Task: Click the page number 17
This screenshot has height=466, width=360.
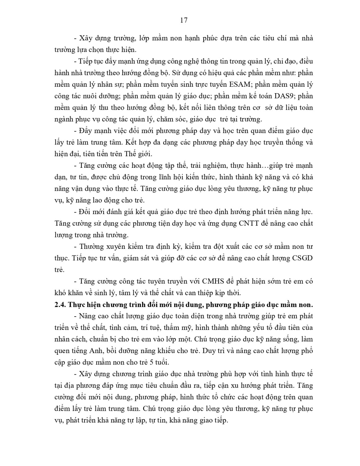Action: click(x=183, y=20)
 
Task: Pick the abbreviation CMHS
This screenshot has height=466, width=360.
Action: click(x=214, y=281)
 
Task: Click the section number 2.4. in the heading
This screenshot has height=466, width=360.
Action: click(x=60, y=305)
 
